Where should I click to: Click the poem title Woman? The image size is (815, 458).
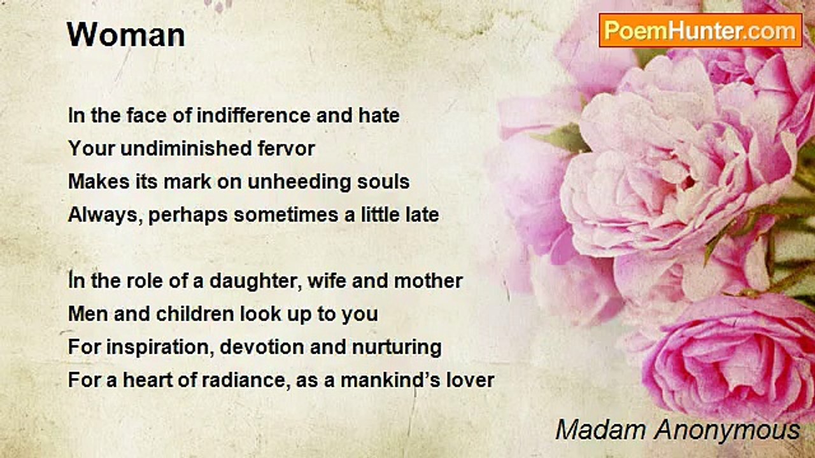126,35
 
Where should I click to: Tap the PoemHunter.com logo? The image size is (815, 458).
700,30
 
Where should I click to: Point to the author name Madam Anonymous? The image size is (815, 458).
677,430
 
